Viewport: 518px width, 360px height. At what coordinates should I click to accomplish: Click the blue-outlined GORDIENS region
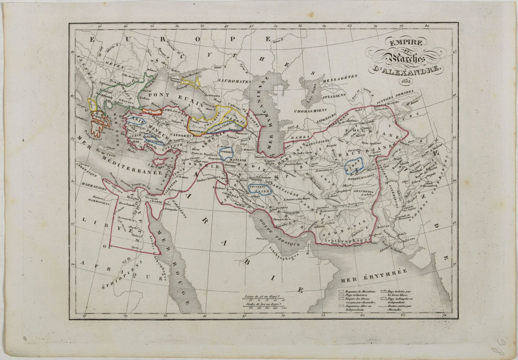(x=226, y=152)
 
